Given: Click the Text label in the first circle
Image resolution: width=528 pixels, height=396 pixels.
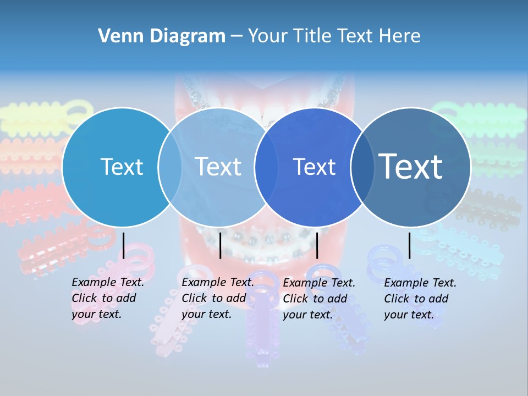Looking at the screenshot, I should click(x=122, y=167).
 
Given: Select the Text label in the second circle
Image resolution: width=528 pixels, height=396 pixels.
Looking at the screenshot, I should click(x=218, y=167).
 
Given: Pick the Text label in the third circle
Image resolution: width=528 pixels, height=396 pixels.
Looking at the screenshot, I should click(x=314, y=167).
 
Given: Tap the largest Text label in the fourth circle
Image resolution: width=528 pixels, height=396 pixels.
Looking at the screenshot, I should click(x=411, y=166).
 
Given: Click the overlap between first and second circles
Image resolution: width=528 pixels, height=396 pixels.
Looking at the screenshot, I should click(x=170, y=167).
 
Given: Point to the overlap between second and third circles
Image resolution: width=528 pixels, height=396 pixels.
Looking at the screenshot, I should click(x=266, y=167).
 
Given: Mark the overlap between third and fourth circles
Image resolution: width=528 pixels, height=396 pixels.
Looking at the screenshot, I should click(x=362, y=167).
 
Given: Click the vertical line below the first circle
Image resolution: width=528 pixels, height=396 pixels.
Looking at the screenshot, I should click(x=124, y=245).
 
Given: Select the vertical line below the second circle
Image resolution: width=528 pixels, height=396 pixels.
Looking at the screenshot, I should click(x=220, y=245).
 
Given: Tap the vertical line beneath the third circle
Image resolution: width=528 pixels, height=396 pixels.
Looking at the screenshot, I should click(x=317, y=245).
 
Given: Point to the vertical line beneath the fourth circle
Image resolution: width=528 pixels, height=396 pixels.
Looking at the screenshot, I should click(x=409, y=245).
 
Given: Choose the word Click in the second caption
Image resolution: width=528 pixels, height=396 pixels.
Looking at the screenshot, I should click(x=194, y=298).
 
